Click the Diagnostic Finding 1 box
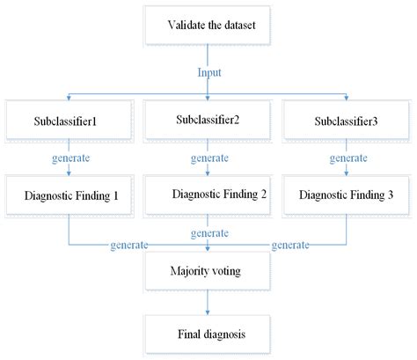coord(69,194)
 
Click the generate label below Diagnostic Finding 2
coord(208,233)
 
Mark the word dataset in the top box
coord(239,25)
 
